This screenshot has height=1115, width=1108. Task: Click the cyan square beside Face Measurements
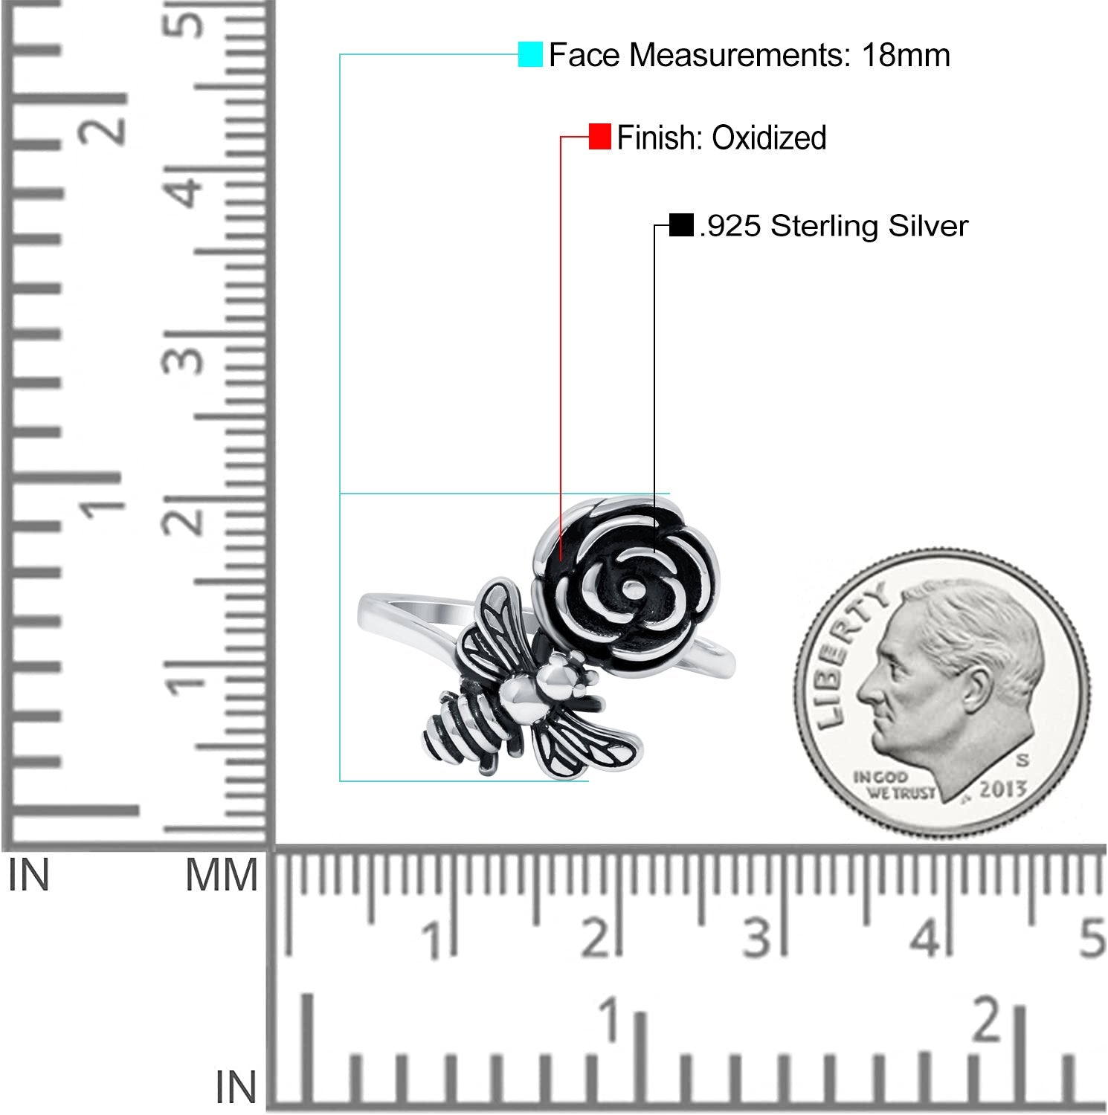530,54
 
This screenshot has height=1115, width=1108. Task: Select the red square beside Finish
599,137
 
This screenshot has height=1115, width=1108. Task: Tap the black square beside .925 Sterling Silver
681,224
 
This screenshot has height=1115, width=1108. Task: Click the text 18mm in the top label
906,55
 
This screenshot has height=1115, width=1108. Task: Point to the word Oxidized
769,138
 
